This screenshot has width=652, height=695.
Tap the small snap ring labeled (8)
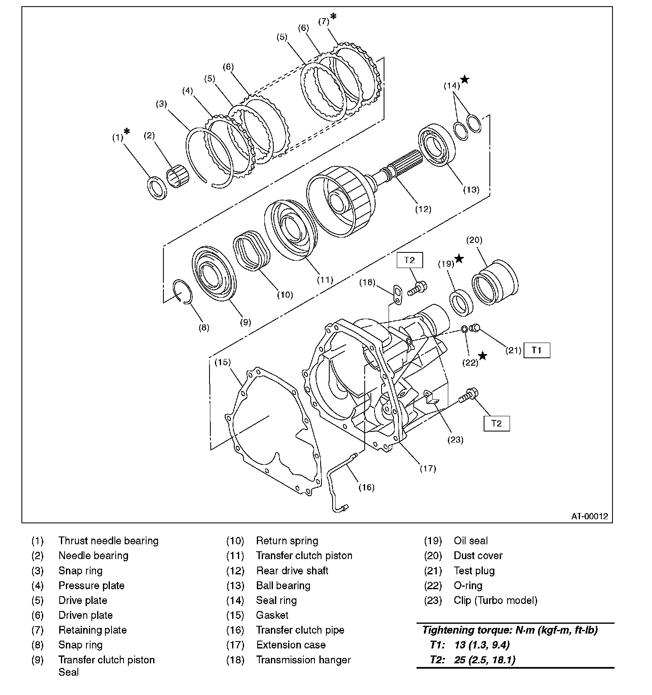(183, 292)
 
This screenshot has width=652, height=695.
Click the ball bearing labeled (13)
(436, 145)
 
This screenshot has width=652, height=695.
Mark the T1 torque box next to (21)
(536, 350)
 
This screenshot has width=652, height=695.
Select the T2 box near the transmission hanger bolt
(409, 260)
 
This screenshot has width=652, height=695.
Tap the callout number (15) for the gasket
(223, 362)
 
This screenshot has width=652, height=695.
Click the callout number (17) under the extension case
(428, 468)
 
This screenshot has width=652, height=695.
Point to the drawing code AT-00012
(589, 516)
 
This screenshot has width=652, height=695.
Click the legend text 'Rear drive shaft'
(292, 571)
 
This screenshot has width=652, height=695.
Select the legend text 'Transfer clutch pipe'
(300, 630)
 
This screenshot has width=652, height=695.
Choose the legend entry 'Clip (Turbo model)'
(496, 600)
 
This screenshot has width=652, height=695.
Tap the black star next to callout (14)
(465, 79)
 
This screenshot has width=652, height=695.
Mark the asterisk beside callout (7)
(333, 16)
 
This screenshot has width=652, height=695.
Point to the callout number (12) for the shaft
(423, 209)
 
